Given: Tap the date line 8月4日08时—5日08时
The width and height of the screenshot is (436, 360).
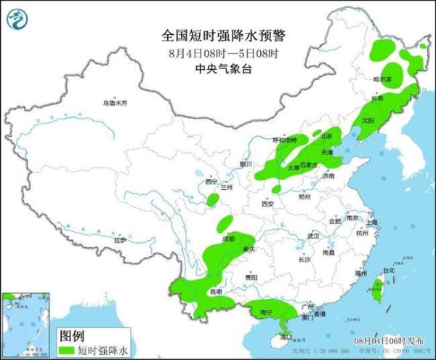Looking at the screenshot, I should click(x=217, y=54).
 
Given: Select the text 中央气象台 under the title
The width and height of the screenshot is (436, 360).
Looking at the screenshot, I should click(x=217, y=69).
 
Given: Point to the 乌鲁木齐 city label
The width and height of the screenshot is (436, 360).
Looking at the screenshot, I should click(x=114, y=103).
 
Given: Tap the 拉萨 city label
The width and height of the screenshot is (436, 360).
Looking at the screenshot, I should click(x=120, y=239).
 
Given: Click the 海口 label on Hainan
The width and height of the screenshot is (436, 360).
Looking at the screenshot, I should click(x=286, y=337).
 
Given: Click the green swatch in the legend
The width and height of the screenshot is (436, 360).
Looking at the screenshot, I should click(x=67, y=350).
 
